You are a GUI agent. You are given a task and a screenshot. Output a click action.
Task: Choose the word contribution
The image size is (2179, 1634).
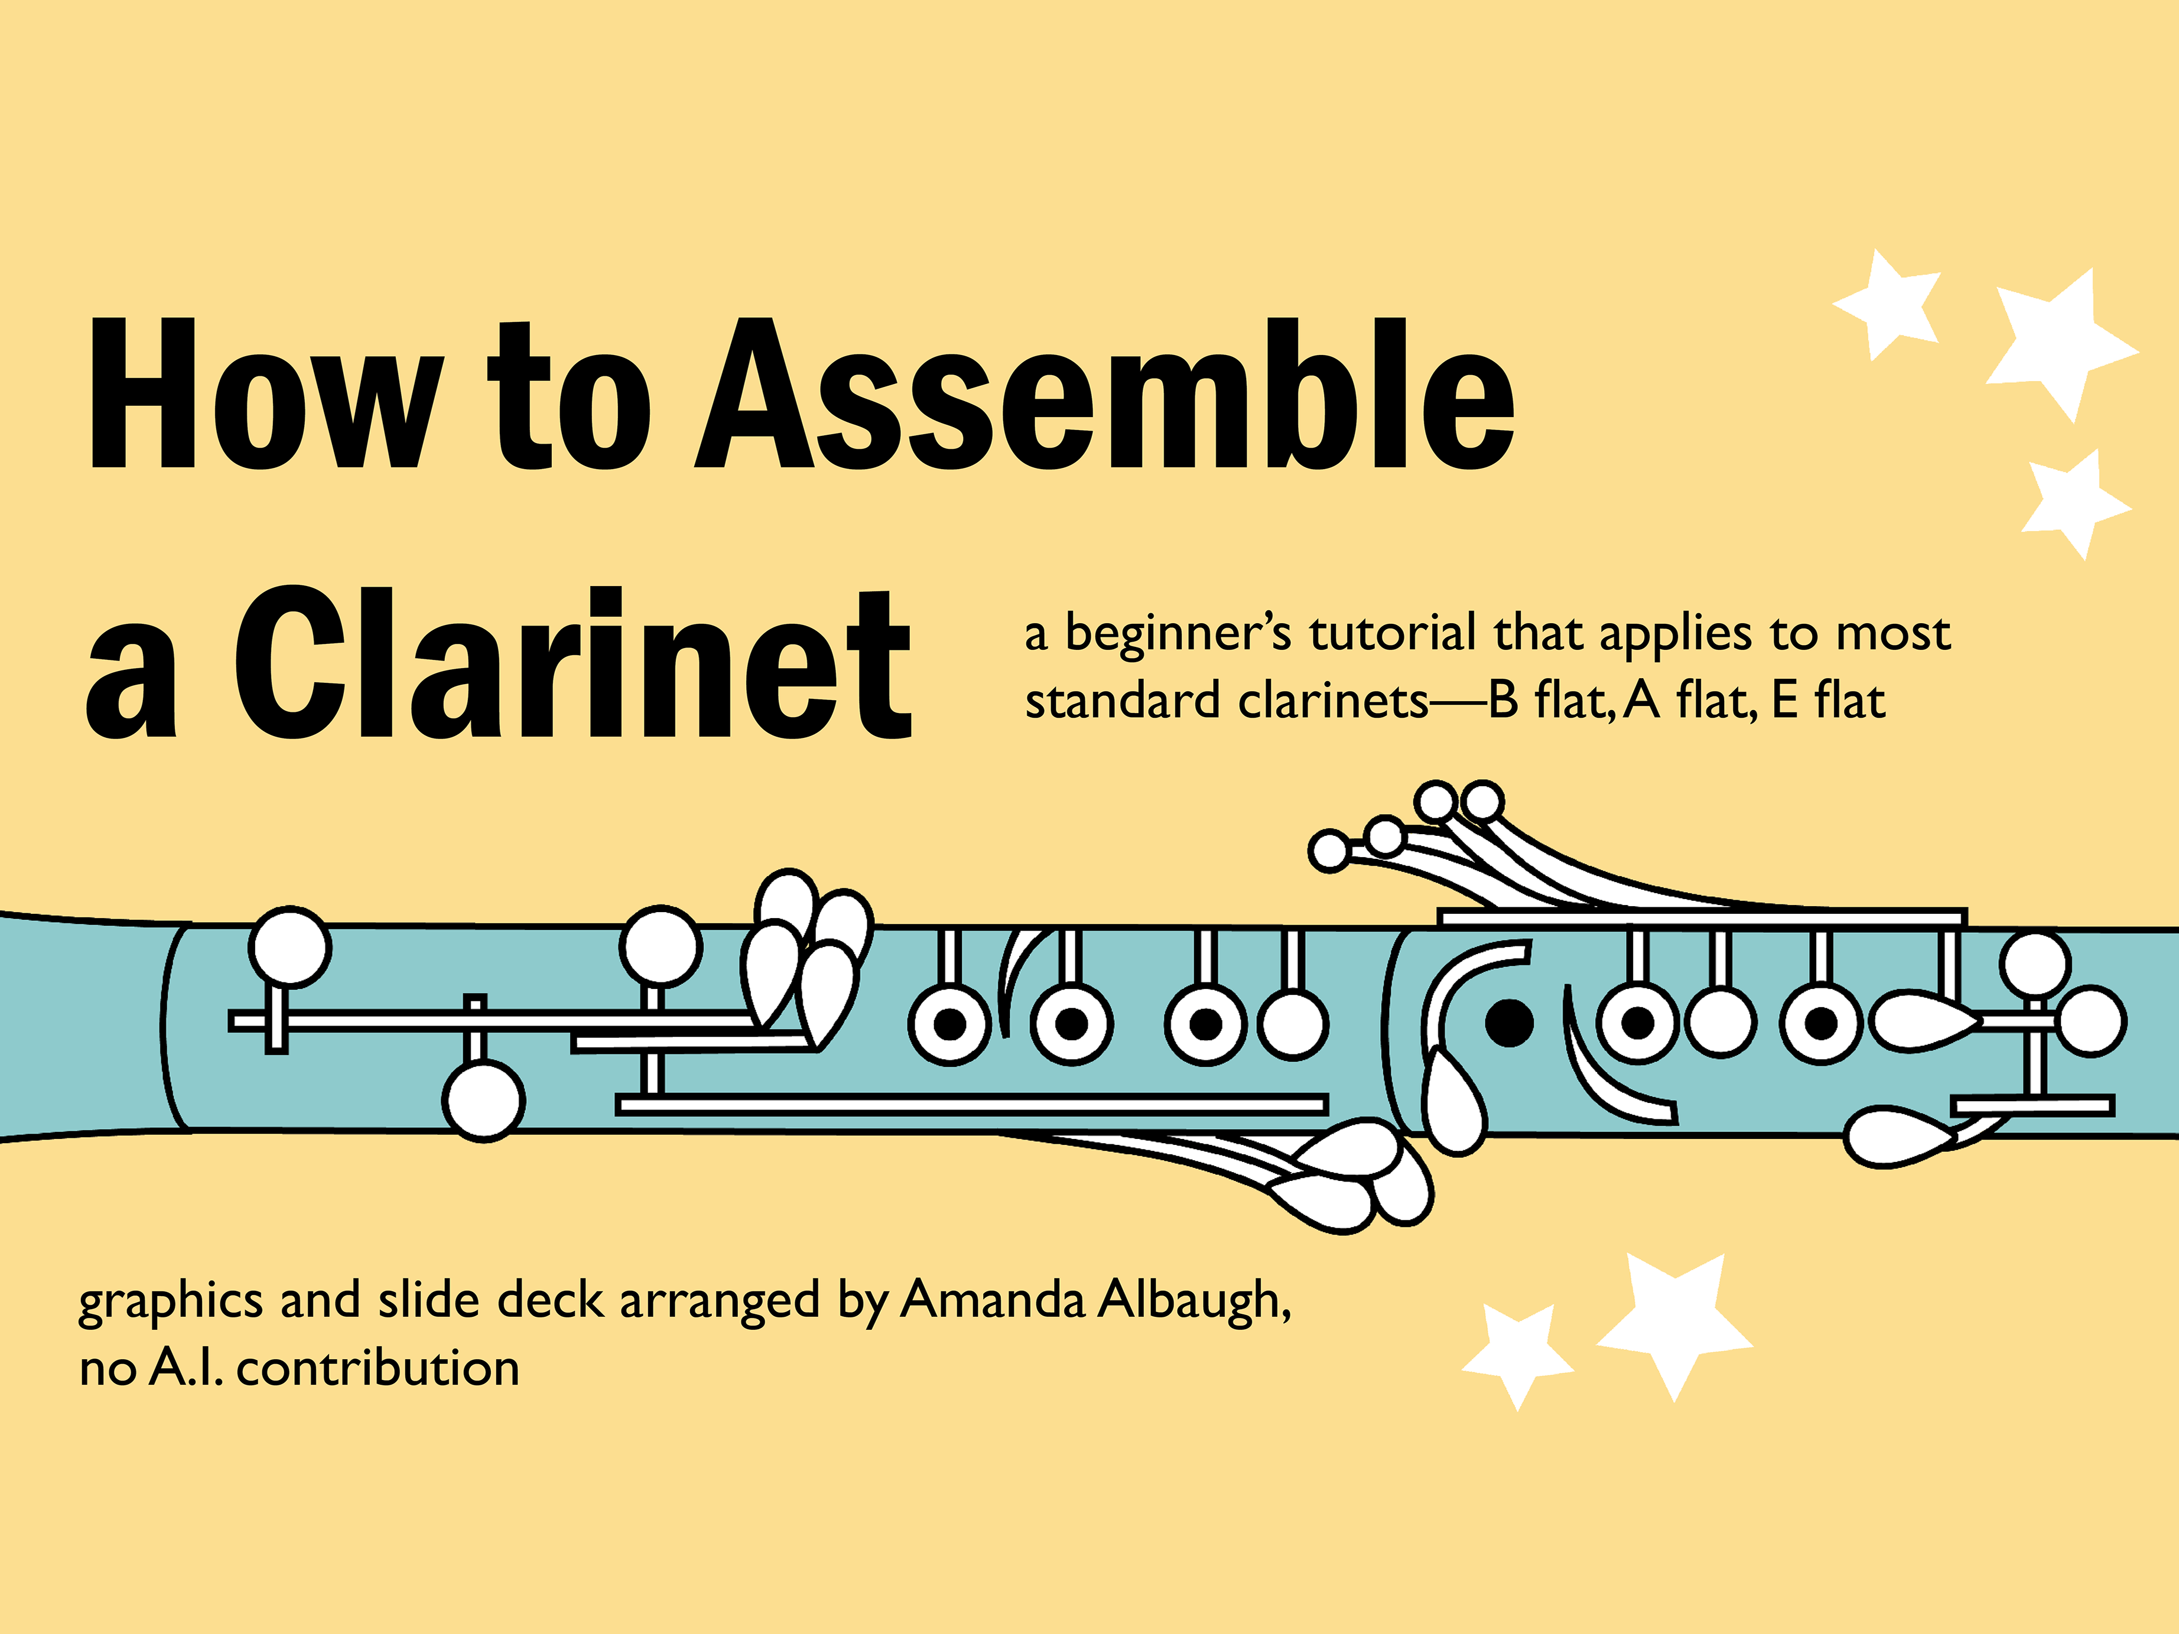(x=378, y=1369)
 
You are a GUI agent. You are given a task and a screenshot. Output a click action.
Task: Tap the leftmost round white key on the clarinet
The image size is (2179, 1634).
(x=290, y=948)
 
